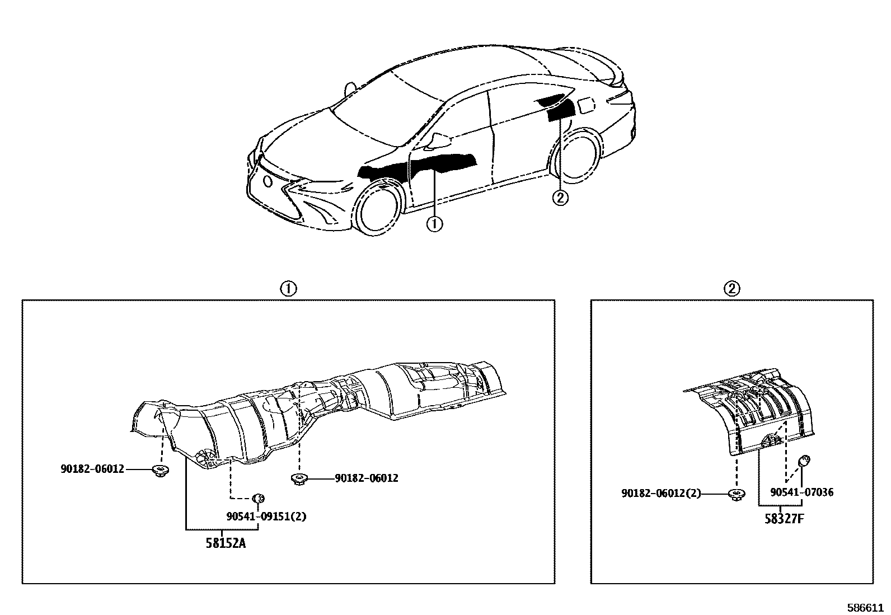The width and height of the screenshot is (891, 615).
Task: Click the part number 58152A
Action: coord(226,543)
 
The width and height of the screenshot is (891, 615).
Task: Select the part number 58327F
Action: coord(784,518)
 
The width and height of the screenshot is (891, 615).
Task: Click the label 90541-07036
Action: coord(801,492)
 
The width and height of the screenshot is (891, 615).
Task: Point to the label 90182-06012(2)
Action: coord(661,494)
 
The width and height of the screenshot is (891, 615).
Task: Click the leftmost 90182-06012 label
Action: coord(92,469)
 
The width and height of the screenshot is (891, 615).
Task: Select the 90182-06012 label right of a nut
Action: coord(367,478)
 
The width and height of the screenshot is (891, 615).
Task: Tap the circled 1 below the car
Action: coord(434,224)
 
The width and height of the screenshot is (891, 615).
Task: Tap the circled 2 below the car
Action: coord(560,197)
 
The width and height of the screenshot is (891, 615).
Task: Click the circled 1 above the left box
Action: coord(288,289)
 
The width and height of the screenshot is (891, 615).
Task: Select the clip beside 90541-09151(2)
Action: coord(259,497)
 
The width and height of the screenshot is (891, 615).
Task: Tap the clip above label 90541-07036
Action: coord(804,462)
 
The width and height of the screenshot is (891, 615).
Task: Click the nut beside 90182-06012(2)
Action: coord(736,494)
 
